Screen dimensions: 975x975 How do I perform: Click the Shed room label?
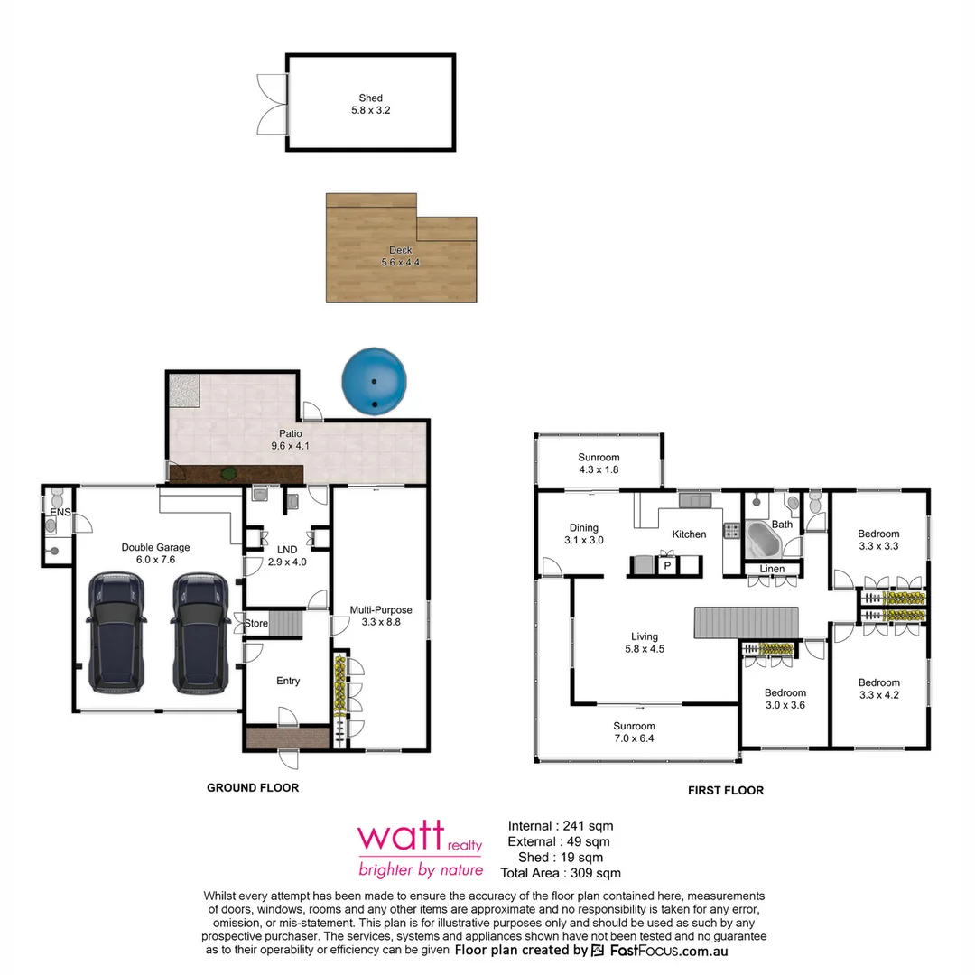370,104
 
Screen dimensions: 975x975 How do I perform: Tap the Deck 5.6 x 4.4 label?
400,256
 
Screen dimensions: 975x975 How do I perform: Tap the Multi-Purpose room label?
381,616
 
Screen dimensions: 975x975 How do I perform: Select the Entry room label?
288,681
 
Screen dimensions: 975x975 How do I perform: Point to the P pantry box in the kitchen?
667,565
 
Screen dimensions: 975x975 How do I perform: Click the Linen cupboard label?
772,569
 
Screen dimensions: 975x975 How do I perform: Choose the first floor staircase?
747,623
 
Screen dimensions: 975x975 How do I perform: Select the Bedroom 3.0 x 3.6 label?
785,699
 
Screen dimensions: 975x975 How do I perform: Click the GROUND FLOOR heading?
253,787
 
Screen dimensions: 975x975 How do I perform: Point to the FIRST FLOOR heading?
726,790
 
